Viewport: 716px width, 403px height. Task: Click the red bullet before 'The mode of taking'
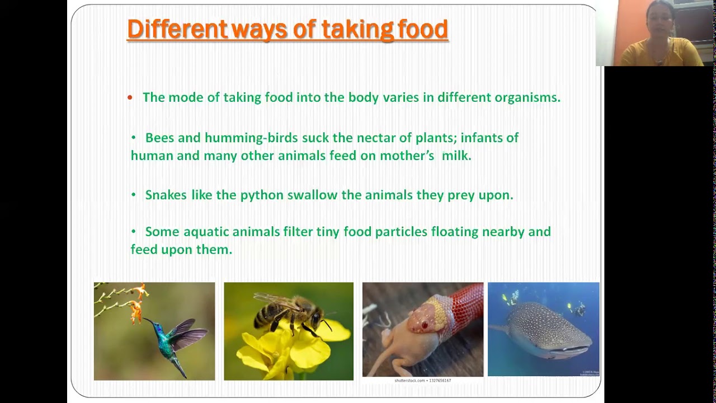pyautogui.click(x=130, y=98)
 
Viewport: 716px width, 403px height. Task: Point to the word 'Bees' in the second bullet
pyautogui.click(x=159, y=138)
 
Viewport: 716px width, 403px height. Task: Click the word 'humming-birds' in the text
pyautogui.click(x=251, y=138)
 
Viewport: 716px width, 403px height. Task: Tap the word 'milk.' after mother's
pyautogui.click(x=456, y=156)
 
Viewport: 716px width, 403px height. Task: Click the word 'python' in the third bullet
pyautogui.click(x=262, y=195)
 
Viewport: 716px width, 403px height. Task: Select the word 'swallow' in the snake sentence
pyautogui.click(x=313, y=195)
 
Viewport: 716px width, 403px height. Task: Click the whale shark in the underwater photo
pyautogui.click(x=545, y=332)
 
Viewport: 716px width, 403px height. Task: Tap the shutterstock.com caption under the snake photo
pyautogui.click(x=422, y=381)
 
